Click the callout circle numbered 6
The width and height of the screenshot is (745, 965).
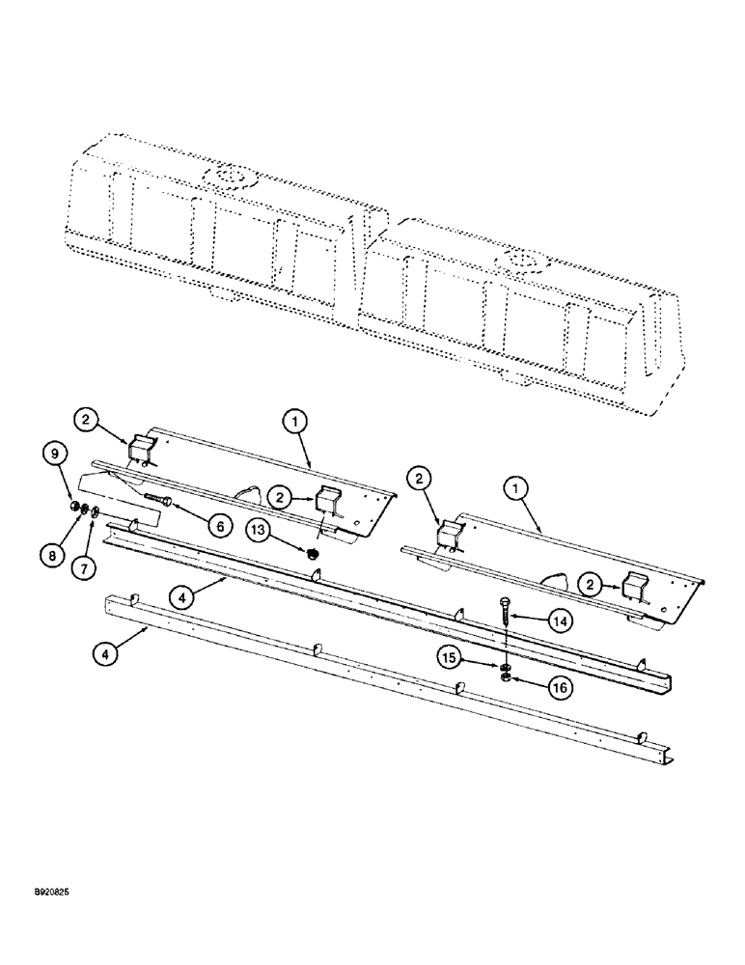coord(218,526)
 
